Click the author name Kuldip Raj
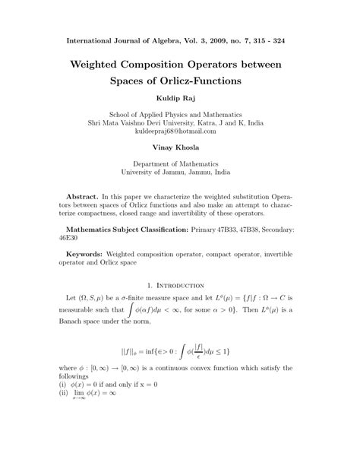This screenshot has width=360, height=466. [x=180, y=98]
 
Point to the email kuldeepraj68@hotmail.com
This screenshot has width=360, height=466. [x=180, y=132]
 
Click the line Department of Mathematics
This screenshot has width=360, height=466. [x=180, y=164]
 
